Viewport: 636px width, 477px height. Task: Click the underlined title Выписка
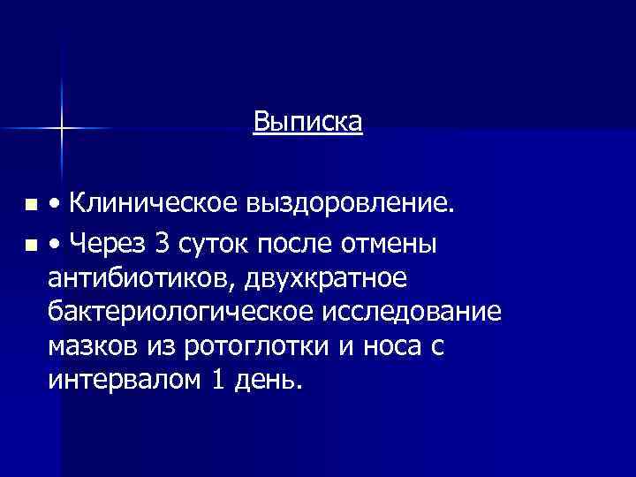307,120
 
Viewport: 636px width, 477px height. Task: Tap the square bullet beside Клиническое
32,206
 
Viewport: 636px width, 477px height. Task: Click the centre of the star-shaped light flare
62,129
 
